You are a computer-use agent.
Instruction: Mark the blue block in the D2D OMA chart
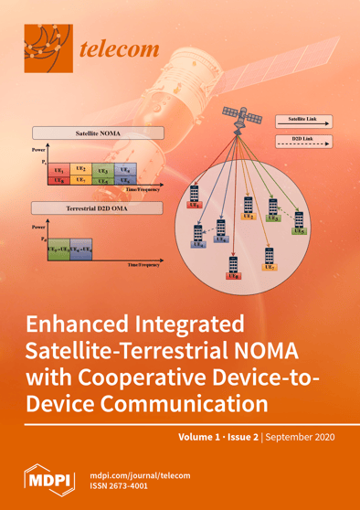81,249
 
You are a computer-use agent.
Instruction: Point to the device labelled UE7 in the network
269,259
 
